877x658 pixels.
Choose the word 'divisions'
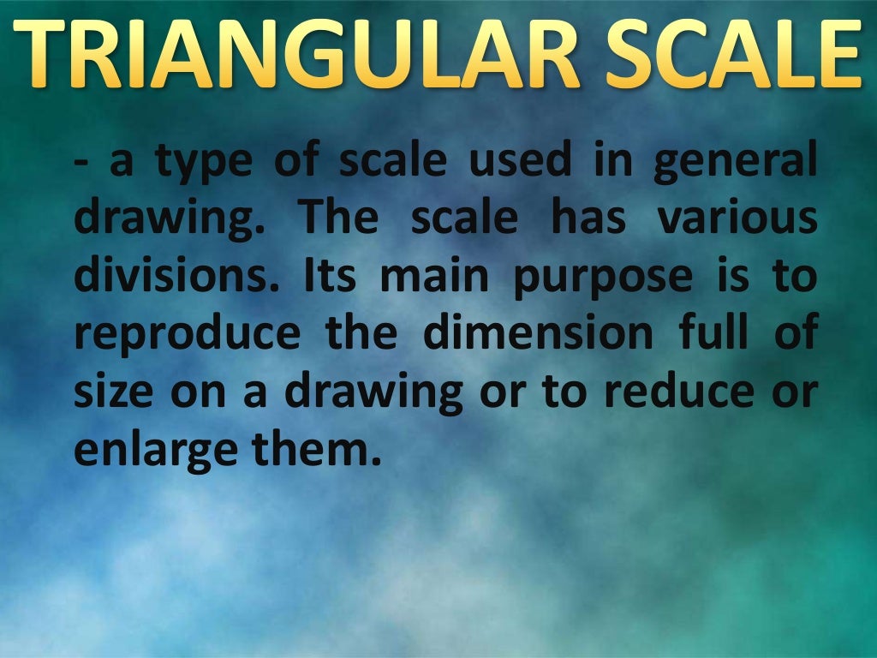pyautogui.click(x=173, y=276)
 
